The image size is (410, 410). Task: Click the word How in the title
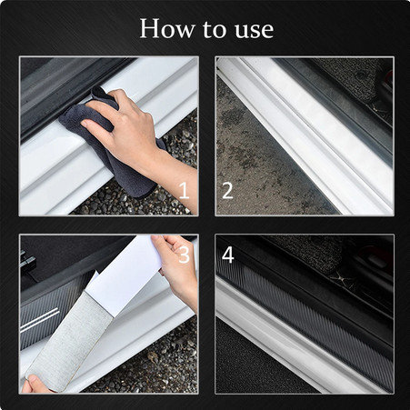[x=167, y=28]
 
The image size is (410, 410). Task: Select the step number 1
[x=184, y=190]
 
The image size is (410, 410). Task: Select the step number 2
[x=227, y=190]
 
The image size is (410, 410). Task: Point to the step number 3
[x=184, y=255]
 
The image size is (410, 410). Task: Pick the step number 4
[x=228, y=255]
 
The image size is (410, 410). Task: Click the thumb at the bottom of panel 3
[x=33, y=383]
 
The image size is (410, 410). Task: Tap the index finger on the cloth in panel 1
[x=98, y=120]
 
